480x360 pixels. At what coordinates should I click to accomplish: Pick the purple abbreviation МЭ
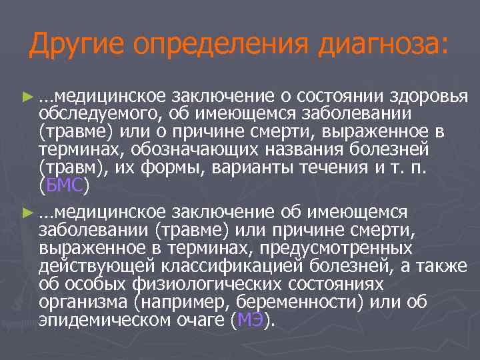(x=251, y=321)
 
